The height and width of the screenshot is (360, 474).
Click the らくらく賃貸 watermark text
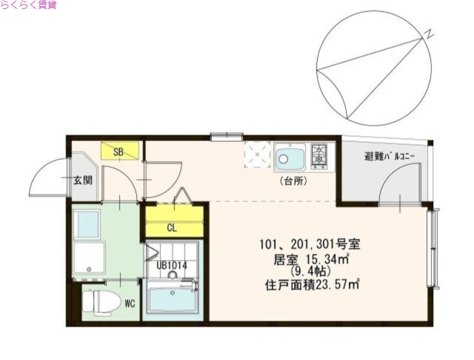pyautogui.click(x=29, y=5)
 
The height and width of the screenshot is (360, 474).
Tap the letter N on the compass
pyautogui.click(x=428, y=34)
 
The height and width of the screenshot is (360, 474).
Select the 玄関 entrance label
pyautogui.click(x=83, y=180)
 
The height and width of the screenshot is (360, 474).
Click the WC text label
pyautogui.click(x=130, y=304)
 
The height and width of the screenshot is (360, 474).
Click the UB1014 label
pyautogui.click(x=172, y=266)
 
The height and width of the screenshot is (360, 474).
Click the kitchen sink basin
pyautogui.click(x=289, y=157)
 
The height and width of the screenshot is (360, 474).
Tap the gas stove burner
pyautogui.click(x=320, y=155)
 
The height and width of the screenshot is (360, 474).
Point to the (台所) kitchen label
pyautogui.click(x=293, y=181)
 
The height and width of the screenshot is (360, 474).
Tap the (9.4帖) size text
pyautogui.click(x=311, y=272)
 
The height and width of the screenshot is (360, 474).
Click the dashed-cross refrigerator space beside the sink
pyautogui.click(x=258, y=155)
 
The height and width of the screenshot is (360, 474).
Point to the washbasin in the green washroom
pyautogui.click(x=88, y=224)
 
